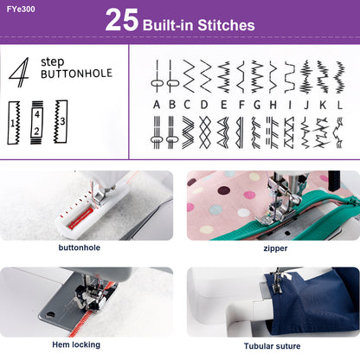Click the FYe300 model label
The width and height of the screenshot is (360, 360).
[x=22, y=11]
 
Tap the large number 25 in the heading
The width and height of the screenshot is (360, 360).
[x=122, y=22]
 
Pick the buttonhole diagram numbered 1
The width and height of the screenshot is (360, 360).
[x=15, y=121]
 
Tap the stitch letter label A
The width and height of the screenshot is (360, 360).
[x=157, y=105]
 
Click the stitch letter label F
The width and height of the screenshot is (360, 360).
[x=241, y=105]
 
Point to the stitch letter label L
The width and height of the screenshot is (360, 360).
[x=339, y=105]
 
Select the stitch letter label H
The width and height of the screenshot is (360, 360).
[x=274, y=105]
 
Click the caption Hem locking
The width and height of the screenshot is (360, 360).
[x=74, y=344]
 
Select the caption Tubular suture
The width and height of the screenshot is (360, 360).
[x=274, y=344]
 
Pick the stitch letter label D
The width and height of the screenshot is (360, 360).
[x=204, y=105]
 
